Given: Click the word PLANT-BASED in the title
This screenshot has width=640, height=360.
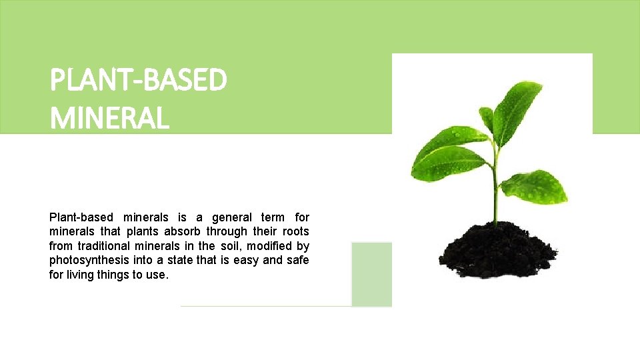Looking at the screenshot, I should [x=138, y=81].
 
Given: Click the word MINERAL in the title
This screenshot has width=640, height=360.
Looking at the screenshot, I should [x=109, y=119].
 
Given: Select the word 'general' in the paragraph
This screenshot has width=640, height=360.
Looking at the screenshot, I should [x=233, y=217].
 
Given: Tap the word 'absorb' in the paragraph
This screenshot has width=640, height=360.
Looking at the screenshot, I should [x=181, y=232].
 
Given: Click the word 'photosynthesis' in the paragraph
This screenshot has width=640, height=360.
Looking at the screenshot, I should [x=85, y=260].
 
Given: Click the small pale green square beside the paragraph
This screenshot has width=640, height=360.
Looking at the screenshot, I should [x=371, y=274].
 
